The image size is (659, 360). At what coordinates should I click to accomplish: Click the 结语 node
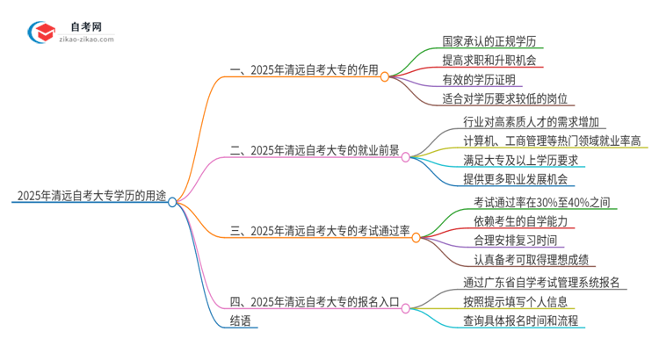click(x=241, y=320)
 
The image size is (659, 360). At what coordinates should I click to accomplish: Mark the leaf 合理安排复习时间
click(x=506, y=240)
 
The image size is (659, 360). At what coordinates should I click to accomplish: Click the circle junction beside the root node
click(x=173, y=201)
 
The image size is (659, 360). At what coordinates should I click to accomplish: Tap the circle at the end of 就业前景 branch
click(x=406, y=157)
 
